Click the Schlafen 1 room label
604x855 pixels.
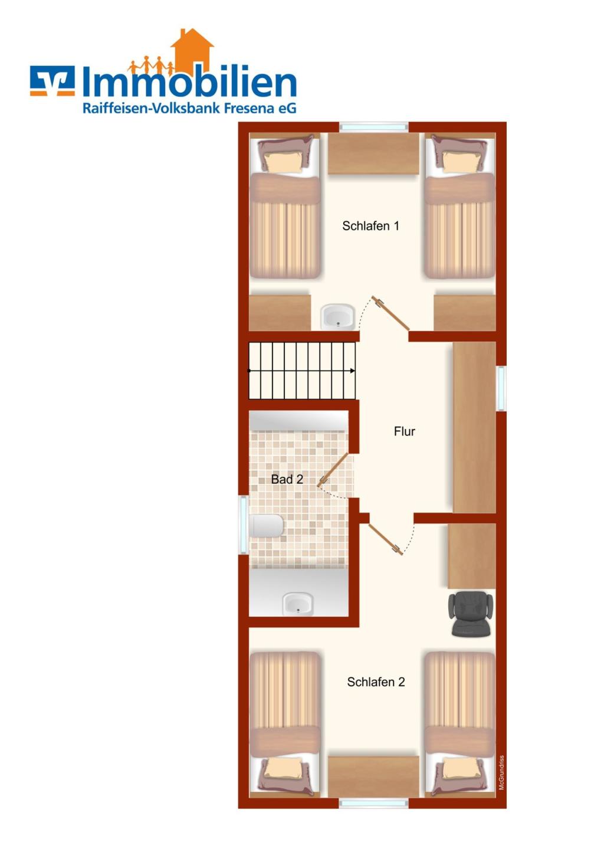point(370,226)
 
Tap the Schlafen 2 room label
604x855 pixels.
point(376,682)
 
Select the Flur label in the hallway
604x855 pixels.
point(405,431)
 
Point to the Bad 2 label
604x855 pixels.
point(287,479)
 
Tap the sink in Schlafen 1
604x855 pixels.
point(337,316)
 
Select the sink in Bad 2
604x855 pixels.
point(298,604)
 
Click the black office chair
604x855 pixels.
point(471,614)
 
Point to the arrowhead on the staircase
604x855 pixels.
point(353,371)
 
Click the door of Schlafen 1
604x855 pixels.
point(391,313)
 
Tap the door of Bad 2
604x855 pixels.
point(333,470)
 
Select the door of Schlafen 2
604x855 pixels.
point(385,539)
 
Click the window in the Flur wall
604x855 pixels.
point(501,388)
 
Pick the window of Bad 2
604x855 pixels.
point(243,525)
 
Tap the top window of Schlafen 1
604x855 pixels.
point(374,127)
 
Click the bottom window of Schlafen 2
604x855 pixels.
point(374,803)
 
